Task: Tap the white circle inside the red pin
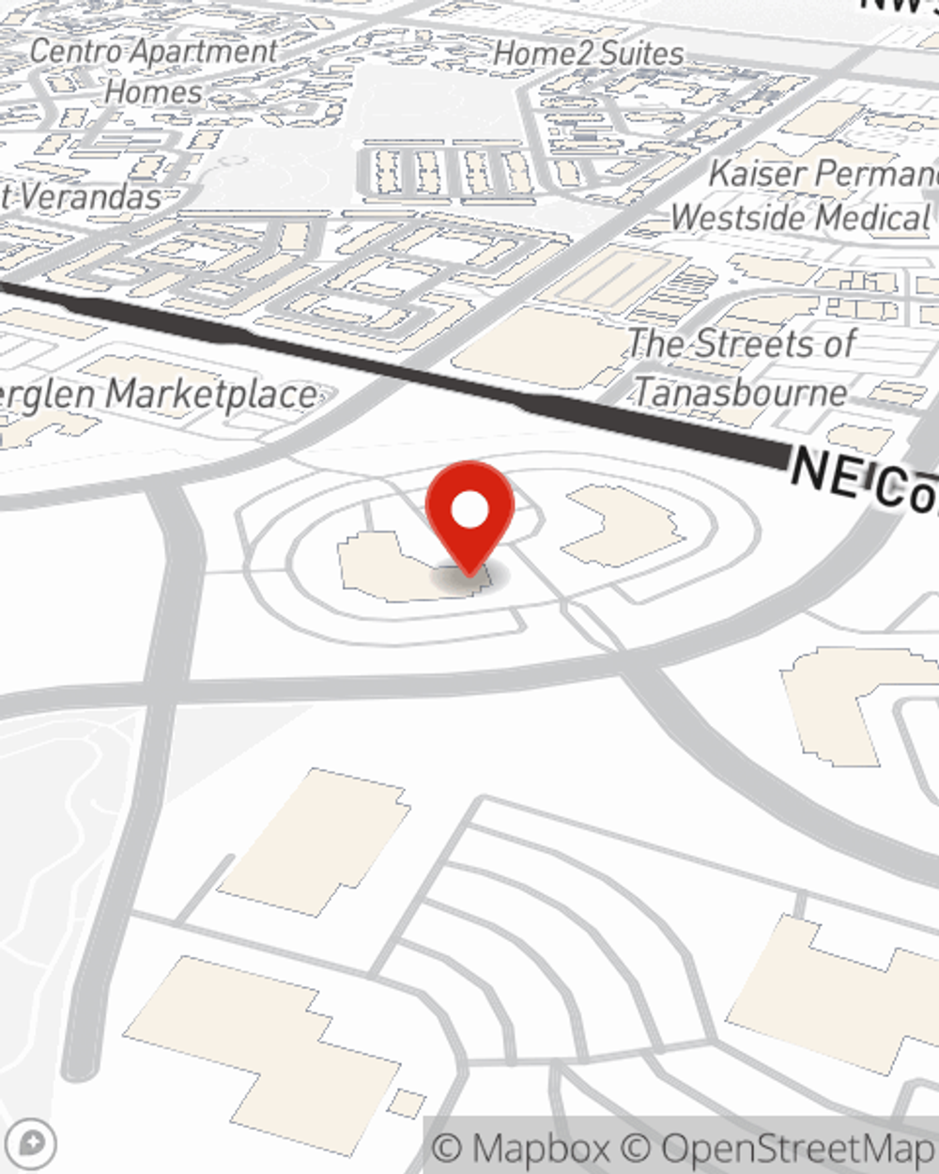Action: pyautogui.click(x=469, y=510)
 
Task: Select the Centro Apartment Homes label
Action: pyautogui.click(x=153, y=71)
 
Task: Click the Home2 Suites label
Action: pyautogui.click(x=589, y=54)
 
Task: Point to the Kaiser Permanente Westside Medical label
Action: pyautogui.click(x=808, y=195)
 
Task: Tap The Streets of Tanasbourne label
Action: pyautogui.click(x=741, y=367)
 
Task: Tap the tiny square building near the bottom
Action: pyautogui.click(x=407, y=1103)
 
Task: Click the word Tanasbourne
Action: pyautogui.click(x=741, y=392)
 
